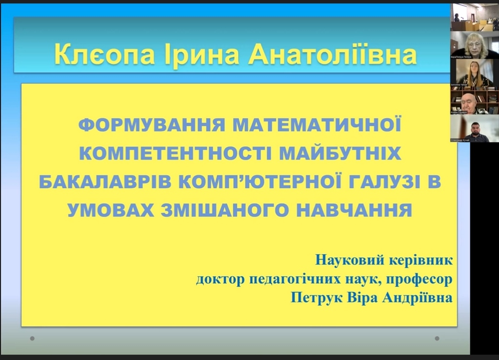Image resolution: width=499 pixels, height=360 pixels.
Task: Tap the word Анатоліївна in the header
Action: click(332, 55)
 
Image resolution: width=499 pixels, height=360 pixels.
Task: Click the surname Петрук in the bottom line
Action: click(313, 298)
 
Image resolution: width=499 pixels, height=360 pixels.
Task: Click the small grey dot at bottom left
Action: click(32, 338)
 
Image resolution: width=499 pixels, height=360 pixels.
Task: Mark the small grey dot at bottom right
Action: click(437, 338)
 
